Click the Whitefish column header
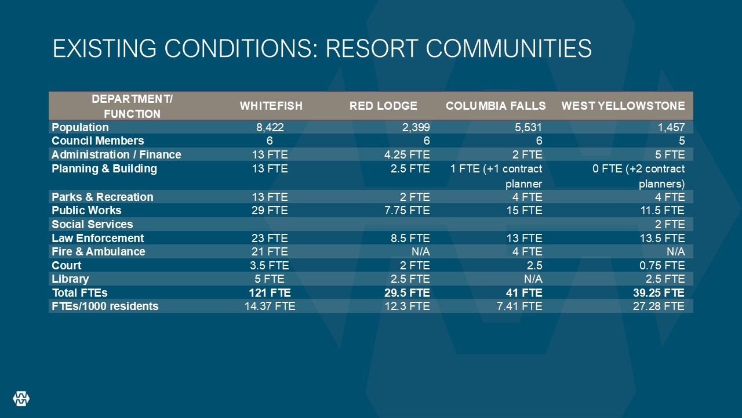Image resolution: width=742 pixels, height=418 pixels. click(271, 106)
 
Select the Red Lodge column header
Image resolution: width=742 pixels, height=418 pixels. click(383, 106)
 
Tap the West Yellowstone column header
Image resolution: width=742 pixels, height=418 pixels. click(623, 106)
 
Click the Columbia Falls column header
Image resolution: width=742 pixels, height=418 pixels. click(496, 106)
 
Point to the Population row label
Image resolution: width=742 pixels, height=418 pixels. click(80, 127)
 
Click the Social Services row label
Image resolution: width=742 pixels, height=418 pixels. click(92, 224)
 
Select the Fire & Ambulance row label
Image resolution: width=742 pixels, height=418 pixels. click(99, 251)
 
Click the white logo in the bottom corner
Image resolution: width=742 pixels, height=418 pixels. click(21, 398)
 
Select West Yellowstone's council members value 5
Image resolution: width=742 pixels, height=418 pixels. click(681, 141)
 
